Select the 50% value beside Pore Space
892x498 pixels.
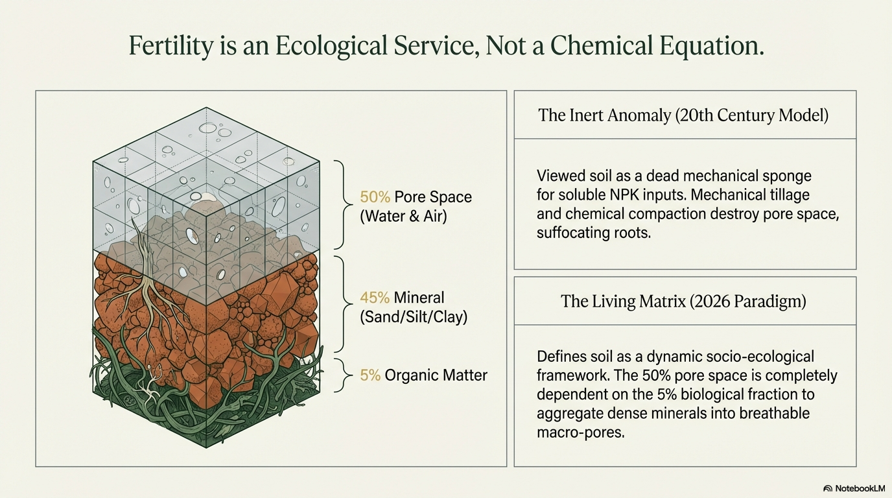point(375,197)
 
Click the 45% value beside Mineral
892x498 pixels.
point(375,298)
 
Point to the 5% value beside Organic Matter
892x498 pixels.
point(370,375)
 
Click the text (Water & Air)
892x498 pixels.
point(403,216)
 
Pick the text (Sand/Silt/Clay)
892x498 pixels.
point(414,317)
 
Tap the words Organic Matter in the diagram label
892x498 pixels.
point(436,375)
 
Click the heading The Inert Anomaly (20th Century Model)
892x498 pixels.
point(684,115)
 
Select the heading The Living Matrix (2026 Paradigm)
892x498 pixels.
point(684,301)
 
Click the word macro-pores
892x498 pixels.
point(580,433)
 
